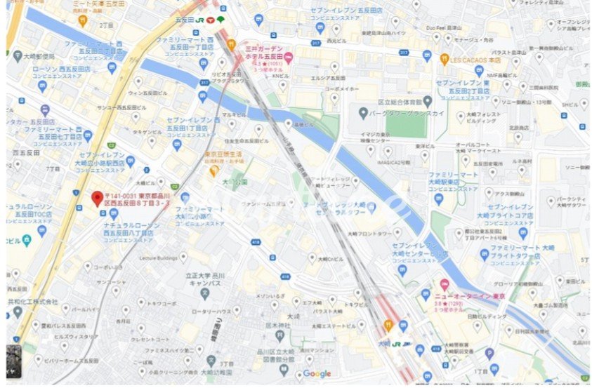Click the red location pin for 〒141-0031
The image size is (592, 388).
(x=97, y=199)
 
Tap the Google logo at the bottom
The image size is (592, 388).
(x=317, y=374)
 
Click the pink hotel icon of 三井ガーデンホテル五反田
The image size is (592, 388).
(x=289, y=55)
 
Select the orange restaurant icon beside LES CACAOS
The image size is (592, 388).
(x=445, y=60)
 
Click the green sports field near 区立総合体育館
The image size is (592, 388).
(x=405, y=126)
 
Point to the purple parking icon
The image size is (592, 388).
(x=489, y=354)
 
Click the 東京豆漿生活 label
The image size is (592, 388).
(x=223, y=154)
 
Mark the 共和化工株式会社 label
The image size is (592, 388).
(x=32, y=300)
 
